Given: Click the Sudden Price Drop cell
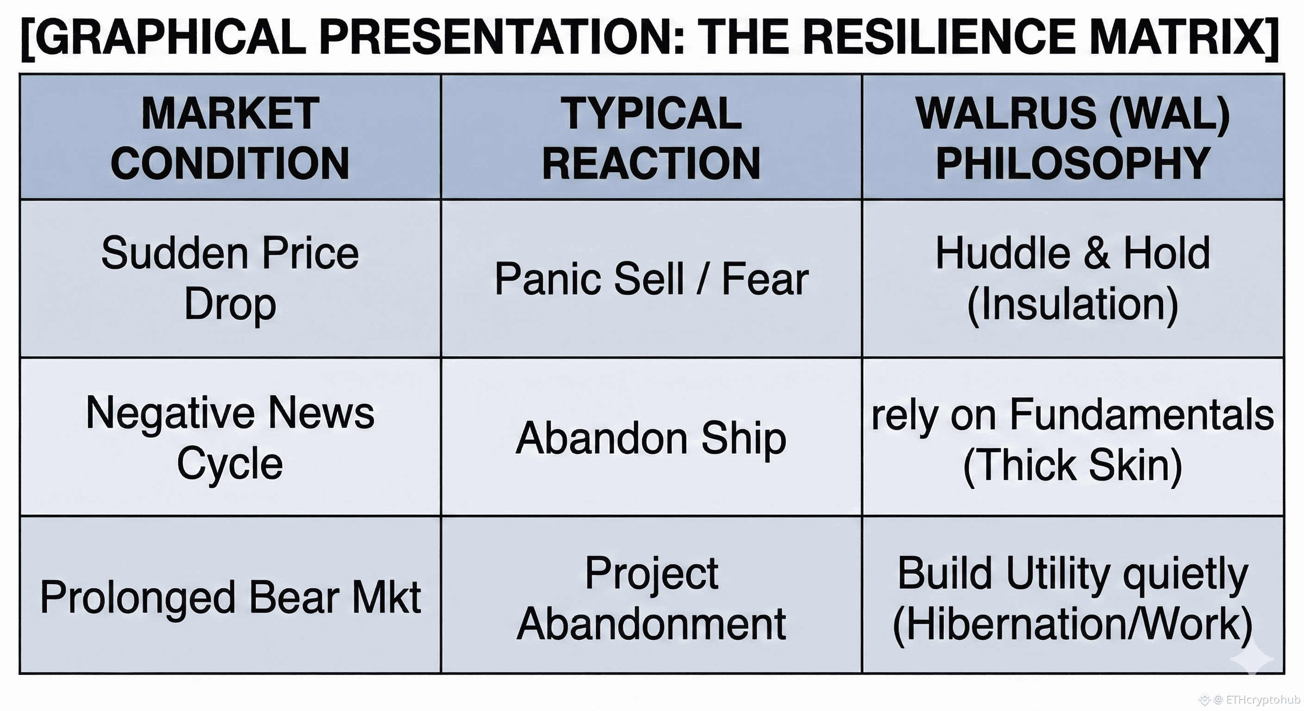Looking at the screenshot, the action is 230,278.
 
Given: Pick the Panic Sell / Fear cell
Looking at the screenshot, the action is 652,279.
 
